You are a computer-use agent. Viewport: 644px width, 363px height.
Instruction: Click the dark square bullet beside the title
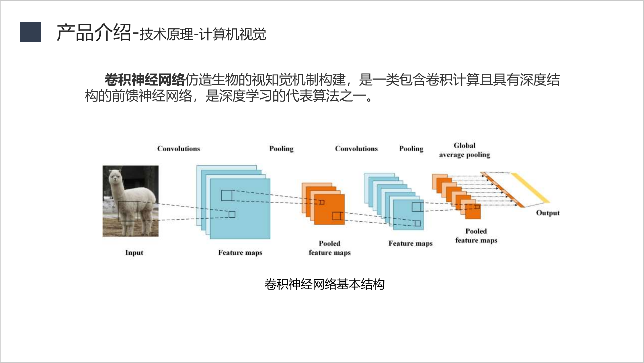[30, 32]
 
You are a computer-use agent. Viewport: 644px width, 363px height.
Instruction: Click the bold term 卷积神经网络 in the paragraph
[145, 80]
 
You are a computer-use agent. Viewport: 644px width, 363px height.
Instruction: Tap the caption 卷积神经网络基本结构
[324, 284]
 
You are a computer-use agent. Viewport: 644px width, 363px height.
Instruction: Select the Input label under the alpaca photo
[134, 253]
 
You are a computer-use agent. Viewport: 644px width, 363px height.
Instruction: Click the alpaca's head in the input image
[115, 177]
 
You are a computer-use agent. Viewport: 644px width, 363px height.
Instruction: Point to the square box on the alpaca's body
[128, 211]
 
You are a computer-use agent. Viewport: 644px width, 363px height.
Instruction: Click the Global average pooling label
[465, 150]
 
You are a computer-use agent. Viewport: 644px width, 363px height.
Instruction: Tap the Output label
[548, 213]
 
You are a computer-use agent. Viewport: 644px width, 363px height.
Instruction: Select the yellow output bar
[530, 188]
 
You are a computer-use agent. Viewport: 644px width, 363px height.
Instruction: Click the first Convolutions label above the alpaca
[179, 149]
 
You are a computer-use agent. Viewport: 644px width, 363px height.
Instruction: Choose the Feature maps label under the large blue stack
[240, 253]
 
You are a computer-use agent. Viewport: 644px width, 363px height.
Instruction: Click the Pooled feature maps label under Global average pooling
[476, 236]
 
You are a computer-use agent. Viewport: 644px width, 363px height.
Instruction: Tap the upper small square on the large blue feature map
[227, 196]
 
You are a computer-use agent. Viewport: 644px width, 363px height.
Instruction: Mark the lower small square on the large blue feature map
[232, 214]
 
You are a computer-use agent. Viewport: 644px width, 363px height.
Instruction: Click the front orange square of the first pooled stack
[329, 209]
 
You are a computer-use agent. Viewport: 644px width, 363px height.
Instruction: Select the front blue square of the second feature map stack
[408, 215]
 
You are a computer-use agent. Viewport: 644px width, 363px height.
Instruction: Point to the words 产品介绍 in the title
[94, 32]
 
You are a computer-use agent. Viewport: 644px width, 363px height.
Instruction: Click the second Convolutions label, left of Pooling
[356, 149]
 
